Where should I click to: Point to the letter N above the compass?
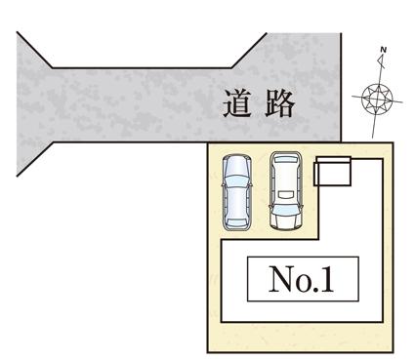point(383,49)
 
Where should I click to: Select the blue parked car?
point(237,191)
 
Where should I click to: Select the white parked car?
point(285,191)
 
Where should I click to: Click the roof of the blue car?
point(237,193)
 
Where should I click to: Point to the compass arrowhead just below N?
point(381,60)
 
